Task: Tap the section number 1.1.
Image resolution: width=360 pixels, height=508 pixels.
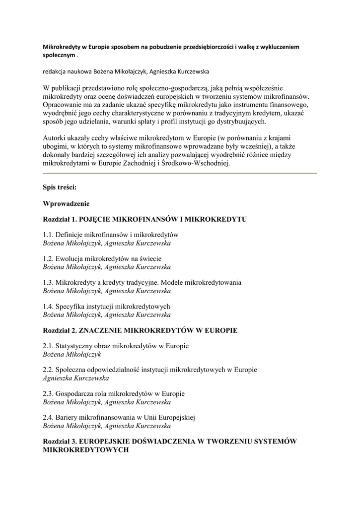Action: [48, 234]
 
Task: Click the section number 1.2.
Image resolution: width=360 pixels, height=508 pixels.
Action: [48, 258]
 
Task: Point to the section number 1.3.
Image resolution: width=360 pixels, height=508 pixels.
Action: [48, 282]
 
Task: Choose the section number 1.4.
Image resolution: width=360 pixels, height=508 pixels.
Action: [48, 306]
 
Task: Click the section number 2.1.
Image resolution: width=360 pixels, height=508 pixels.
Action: [48, 345]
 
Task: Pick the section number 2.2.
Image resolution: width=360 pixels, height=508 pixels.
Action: [48, 370]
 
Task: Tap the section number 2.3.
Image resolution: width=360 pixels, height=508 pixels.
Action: [48, 393]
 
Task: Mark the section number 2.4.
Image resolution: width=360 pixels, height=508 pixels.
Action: [48, 417]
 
